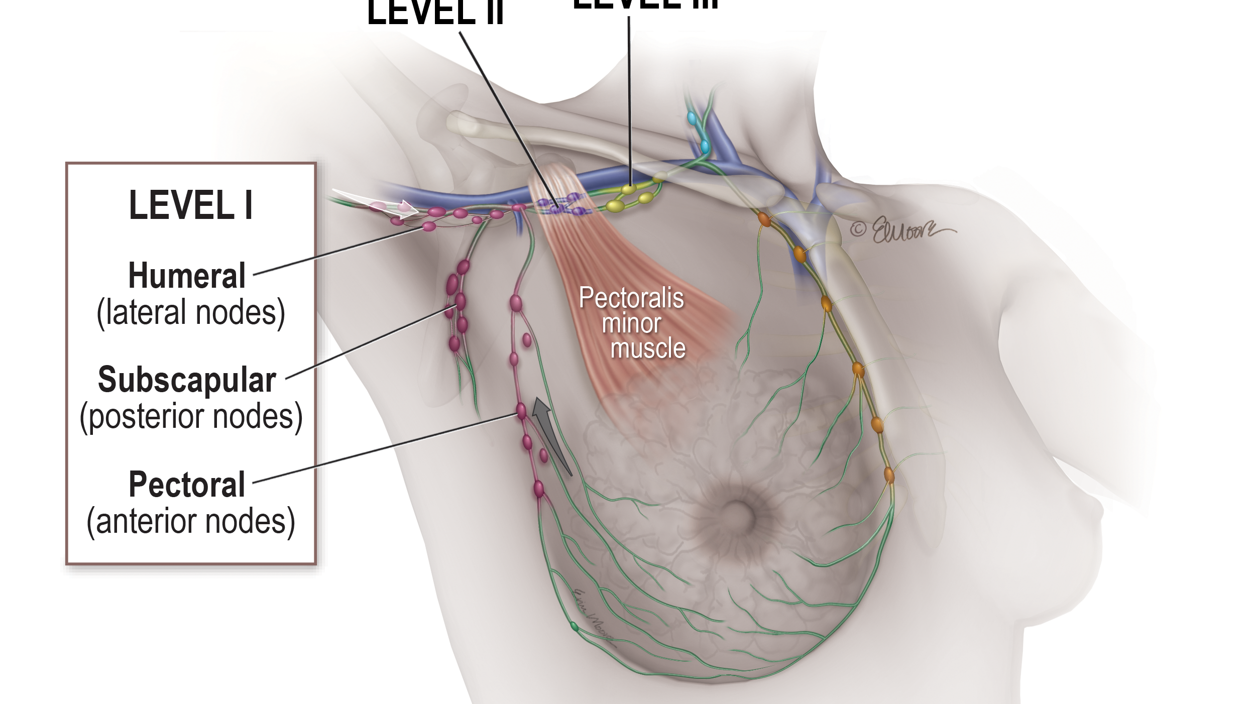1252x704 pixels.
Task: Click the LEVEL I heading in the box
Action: [190, 205]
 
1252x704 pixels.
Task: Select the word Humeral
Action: [187, 276]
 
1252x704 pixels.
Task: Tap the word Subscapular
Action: [187, 380]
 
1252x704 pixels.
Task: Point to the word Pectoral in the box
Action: [187, 485]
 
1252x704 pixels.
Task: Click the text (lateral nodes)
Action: [191, 312]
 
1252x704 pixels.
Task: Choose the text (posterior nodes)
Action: [191, 417]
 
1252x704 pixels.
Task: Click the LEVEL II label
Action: [435, 13]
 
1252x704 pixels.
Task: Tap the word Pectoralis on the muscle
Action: [631, 298]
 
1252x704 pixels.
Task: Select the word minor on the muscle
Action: [631, 323]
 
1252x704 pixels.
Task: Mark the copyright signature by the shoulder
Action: [902, 230]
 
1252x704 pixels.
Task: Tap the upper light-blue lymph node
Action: [692, 119]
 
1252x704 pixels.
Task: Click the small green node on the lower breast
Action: [574, 626]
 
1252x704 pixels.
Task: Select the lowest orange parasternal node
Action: [888, 474]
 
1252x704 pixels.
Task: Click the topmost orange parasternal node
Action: [764, 219]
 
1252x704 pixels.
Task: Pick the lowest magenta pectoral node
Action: [538, 488]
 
